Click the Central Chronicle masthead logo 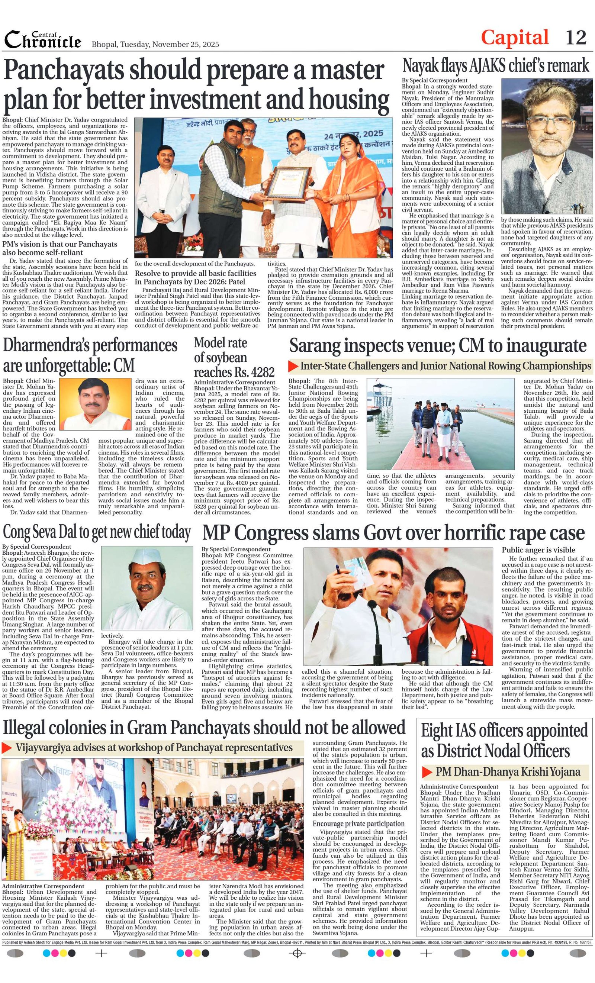pyautogui.click(x=43, y=39)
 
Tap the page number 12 pyautogui.click(x=576, y=38)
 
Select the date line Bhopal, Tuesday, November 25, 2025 pyautogui.click(x=155, y=44)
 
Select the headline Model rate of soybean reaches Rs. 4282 pyautogui.click(x=234, y=357)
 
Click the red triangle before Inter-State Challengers pyautogui.click(x=293, y=366)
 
